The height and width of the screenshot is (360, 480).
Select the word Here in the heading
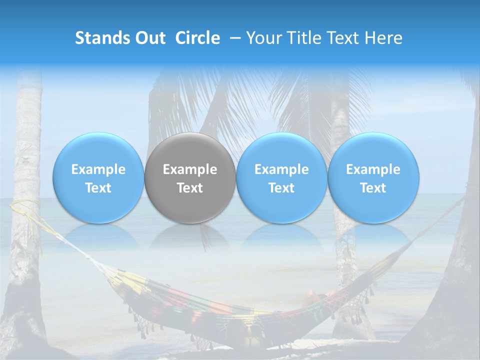[x=385, y=38]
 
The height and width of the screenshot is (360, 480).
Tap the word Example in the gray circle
[x=190, y=169]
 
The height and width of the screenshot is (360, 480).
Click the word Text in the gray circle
[x=190, y=188]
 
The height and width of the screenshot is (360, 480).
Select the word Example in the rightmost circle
[x=373, y=169]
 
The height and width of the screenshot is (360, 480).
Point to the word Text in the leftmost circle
[x=98, y=188]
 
